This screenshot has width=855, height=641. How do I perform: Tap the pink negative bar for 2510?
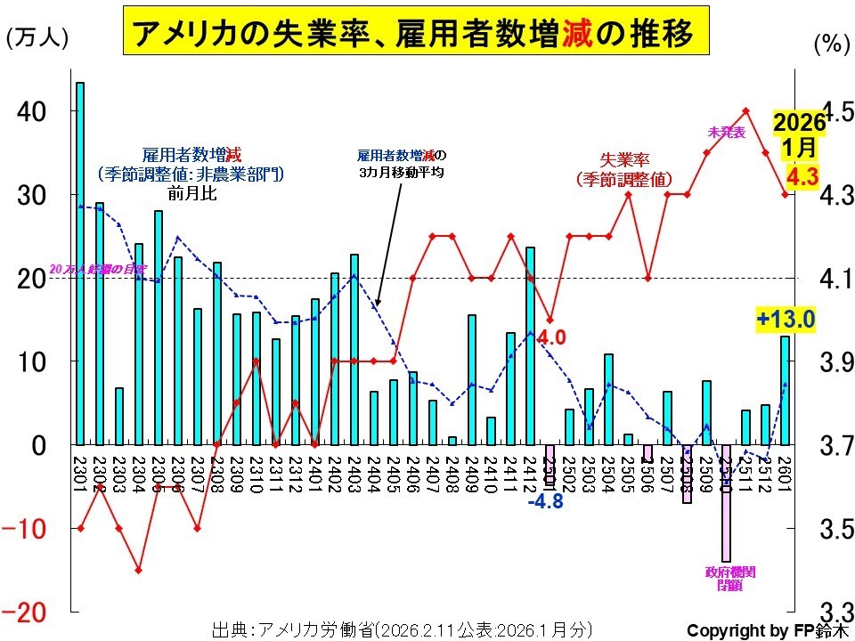click(726, 503)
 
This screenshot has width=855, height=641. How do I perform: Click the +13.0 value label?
click(786, 319)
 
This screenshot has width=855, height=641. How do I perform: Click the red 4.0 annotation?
click(551, 338)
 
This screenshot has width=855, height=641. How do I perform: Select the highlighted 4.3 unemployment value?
click(802, 177)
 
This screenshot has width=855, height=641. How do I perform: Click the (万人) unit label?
click(37, 40)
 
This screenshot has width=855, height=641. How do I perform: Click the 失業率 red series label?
click(623, 160)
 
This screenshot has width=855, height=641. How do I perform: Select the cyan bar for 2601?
click(785, 389)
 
